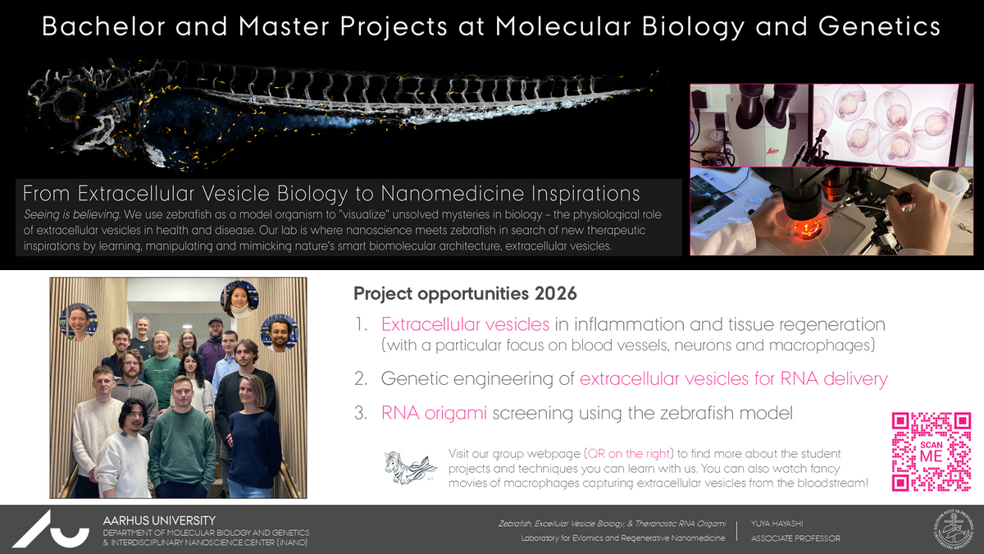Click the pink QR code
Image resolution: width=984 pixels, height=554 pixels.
(x=931, y=451)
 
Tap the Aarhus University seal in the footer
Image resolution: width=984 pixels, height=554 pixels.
(x=953, y=529)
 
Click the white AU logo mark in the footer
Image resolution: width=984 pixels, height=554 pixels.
(x=51, y=529)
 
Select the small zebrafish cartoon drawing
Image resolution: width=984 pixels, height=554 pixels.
(x=410, y=467)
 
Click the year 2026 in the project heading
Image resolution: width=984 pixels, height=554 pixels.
(x=555, y=293)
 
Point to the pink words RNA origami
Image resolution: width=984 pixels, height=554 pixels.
(x=434, y=414)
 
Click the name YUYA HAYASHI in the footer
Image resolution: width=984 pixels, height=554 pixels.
(x=777, y=524)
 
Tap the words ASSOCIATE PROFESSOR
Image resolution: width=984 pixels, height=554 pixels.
(x=795, y=538)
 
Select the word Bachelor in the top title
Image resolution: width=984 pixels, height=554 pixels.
(x=103, y=26)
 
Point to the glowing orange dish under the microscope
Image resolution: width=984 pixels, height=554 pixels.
(x=804, y=230)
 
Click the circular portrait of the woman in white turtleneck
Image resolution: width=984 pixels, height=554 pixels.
(x=239, y=300)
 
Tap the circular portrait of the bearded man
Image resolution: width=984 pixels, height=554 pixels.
(x=280, y=333)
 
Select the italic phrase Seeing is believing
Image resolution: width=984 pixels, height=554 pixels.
(x=72, y=214)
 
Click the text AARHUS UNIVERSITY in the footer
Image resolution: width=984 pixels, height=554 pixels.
(x=159, y=520)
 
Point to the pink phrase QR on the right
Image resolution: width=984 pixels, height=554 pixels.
(x=628, y=454)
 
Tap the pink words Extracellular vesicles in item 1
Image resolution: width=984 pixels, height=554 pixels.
(x=465, y=324)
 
